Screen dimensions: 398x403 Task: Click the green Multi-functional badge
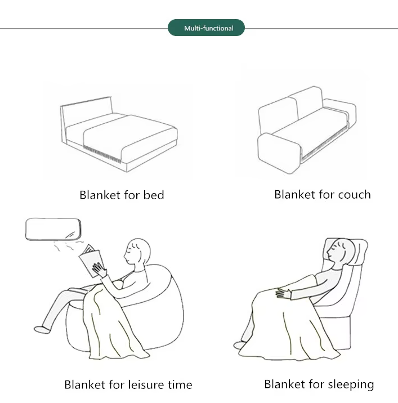tap(206, 28)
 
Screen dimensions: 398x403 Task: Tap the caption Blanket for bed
tap(122, 195)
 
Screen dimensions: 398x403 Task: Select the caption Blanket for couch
tap(323, 195)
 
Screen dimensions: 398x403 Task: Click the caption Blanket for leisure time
tap(128, 385)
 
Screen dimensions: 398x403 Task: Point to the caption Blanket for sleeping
tap(319, 385)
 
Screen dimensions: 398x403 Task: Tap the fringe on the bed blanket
tap(102, 154)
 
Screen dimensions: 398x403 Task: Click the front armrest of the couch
tap(279, 153)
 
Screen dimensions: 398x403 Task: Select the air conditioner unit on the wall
tap(53, 229)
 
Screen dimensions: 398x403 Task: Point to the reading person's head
tap(137, 252)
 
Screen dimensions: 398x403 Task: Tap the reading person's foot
tap(42, 329)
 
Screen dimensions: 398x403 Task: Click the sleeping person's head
tap(340, 252)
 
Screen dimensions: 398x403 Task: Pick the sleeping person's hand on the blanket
tap(283, 293)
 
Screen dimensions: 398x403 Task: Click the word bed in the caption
tap(154, 195)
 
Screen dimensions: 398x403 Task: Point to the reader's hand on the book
tap(99, 270)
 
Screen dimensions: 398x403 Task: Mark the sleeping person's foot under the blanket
tap(239, 345)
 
